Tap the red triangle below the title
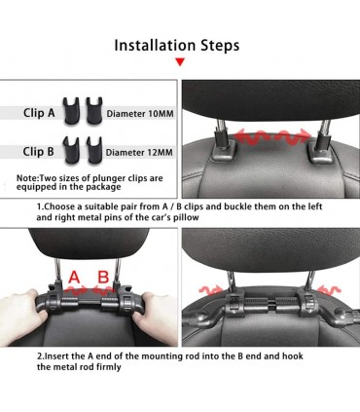tap(180, 61)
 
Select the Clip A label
tap(39, 113)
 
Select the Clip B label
tap(38, 151)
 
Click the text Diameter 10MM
tap(140, 114)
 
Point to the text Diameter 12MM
tap(139, 152)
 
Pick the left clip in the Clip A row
tap(72, 111)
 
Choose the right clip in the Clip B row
tap(94, 150)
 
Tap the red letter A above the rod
tap(74, 278)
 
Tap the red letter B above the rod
tap(103, 278)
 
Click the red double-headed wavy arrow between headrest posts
tap(272, 136)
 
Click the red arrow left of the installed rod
tap(210, 289)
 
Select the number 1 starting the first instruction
tap(39, 206)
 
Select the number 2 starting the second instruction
tap(39, 356)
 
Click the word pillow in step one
tap(186, 217)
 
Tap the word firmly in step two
tap(108, 367)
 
